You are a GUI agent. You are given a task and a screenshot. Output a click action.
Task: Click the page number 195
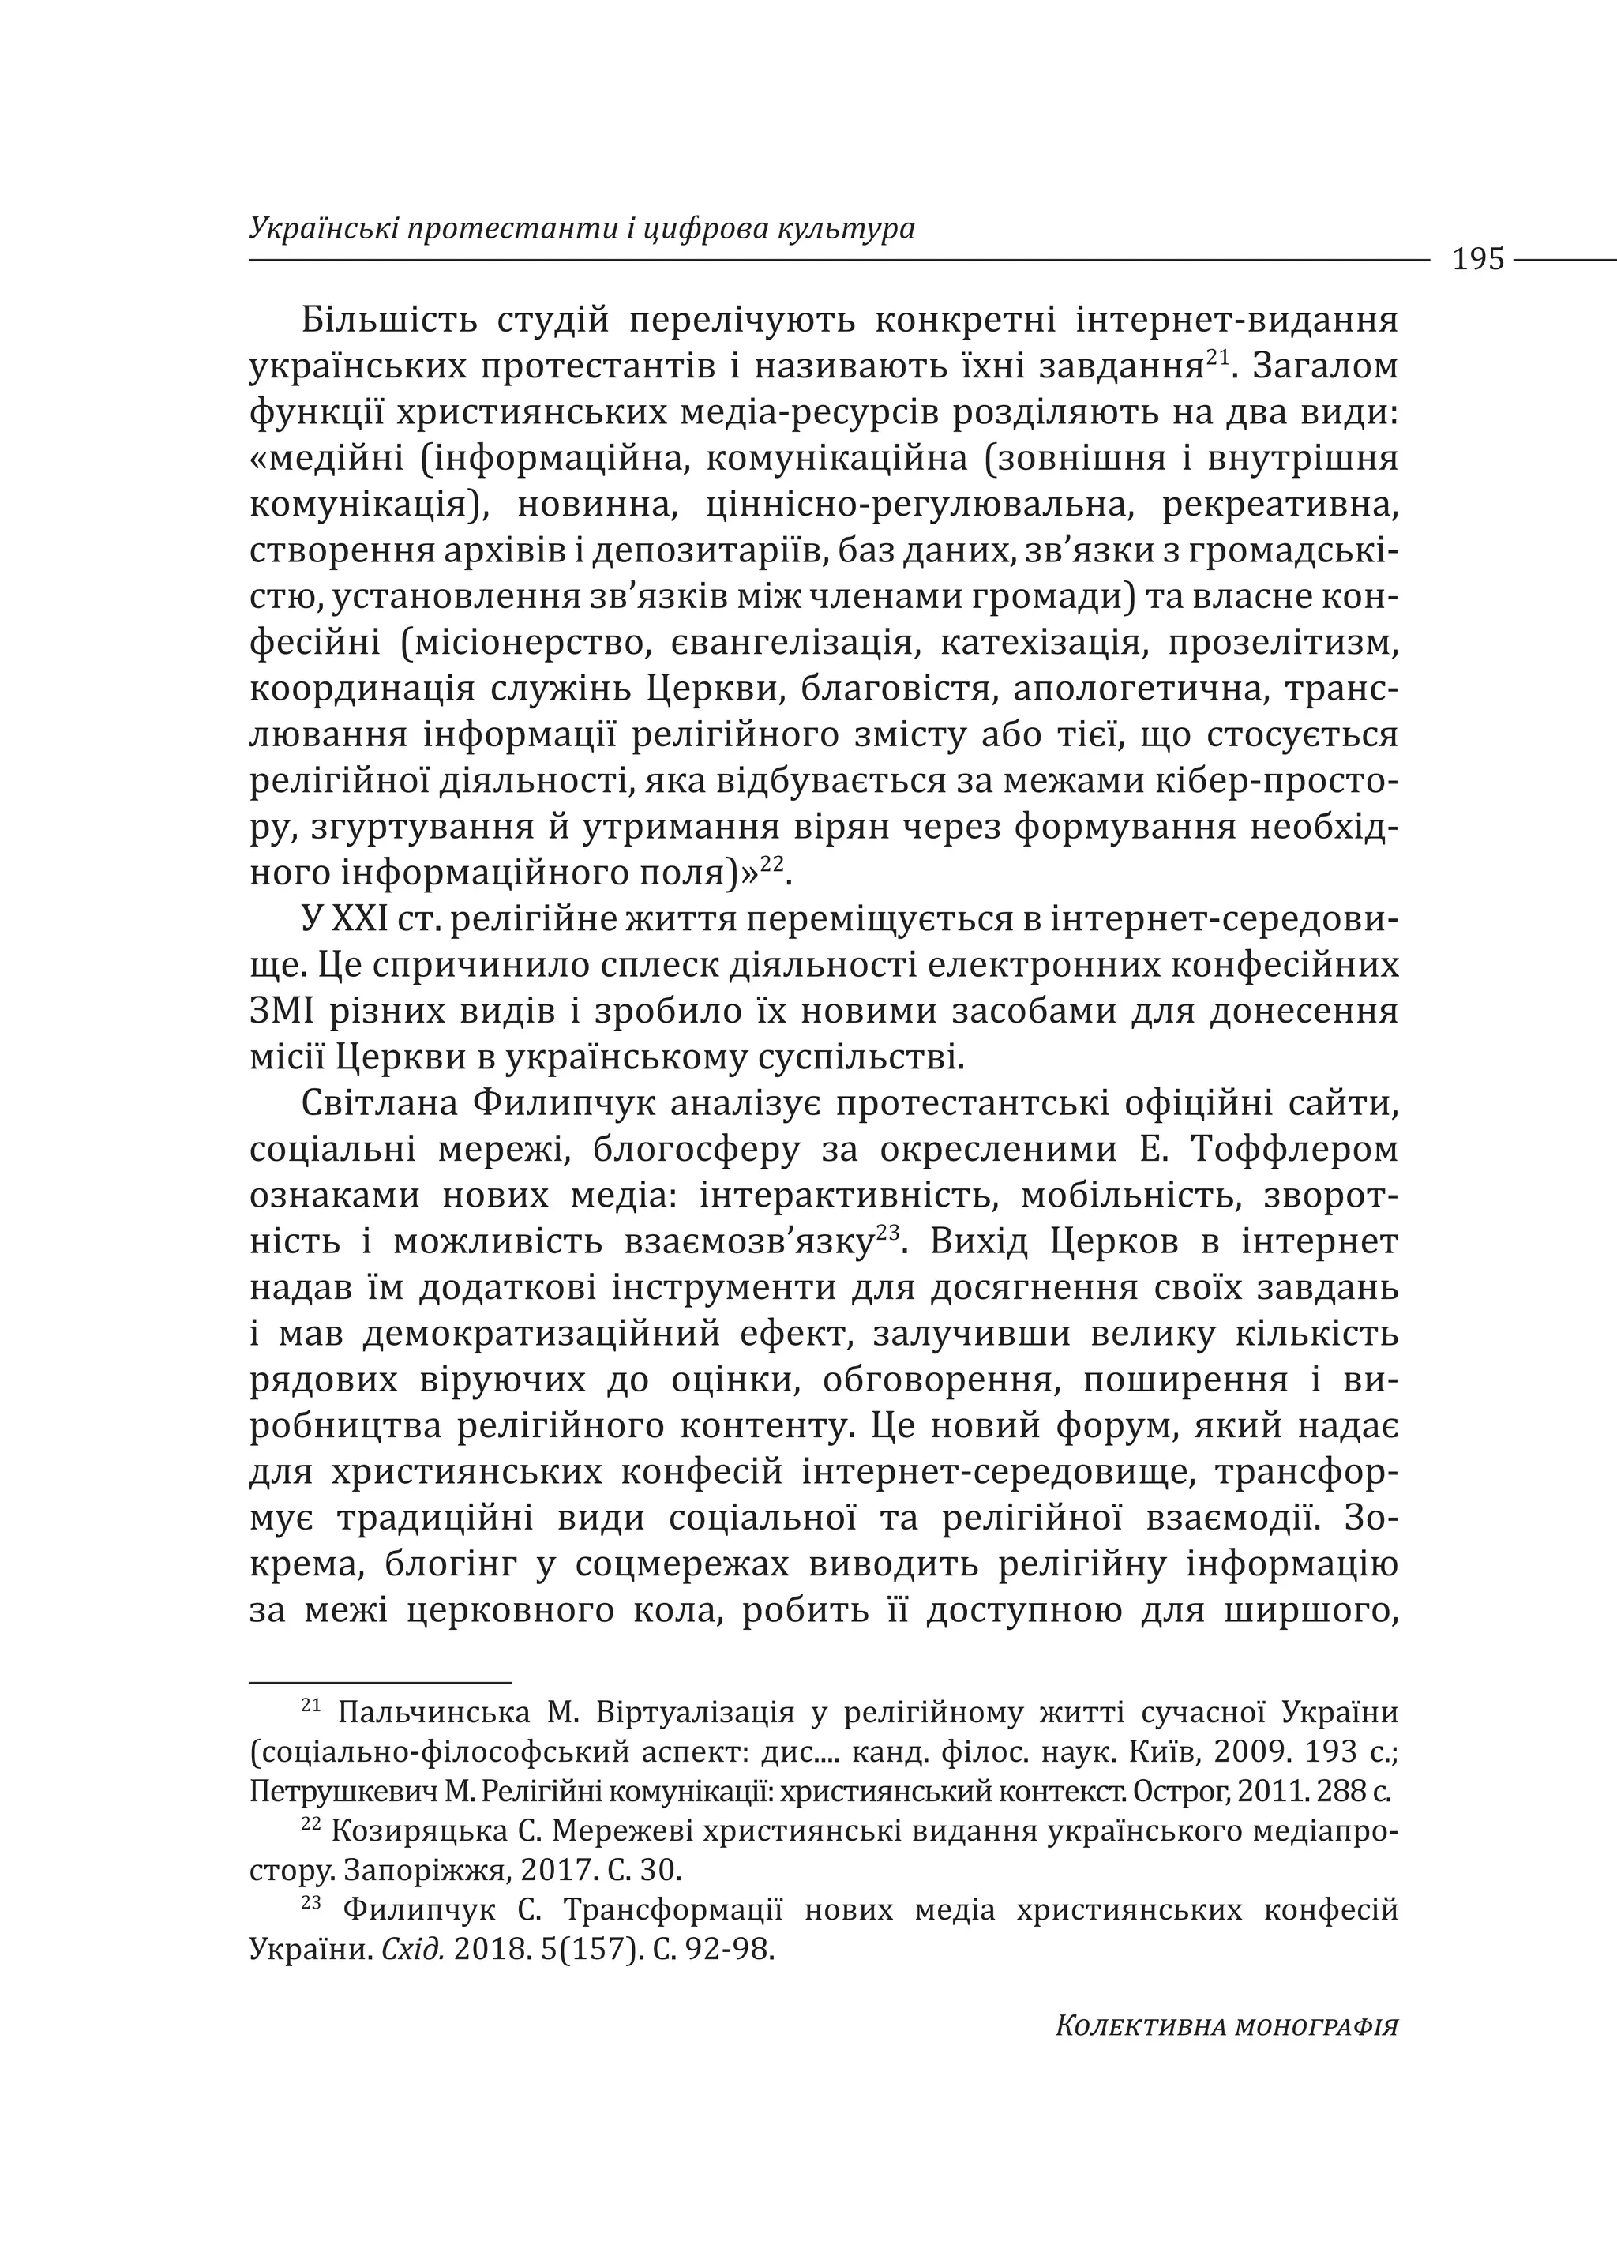pos(1477,260)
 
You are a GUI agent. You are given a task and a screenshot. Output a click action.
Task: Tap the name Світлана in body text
pos(378,1104)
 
